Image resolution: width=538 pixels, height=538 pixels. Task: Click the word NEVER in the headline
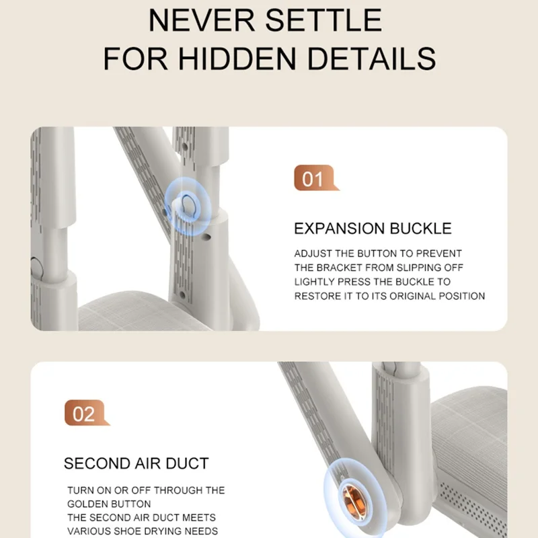201,21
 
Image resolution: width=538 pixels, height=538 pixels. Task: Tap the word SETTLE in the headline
323,21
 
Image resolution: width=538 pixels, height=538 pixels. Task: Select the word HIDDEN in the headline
237,59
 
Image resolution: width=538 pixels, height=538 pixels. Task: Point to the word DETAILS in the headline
372,59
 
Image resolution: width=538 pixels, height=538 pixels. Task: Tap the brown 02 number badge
86,413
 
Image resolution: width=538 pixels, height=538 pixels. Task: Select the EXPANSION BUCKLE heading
373,229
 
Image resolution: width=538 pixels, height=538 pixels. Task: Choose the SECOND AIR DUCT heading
137,463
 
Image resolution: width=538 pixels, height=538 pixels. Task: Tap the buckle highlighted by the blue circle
188,206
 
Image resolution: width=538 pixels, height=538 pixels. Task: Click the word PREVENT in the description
439,254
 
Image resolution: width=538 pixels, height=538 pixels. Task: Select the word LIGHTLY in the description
315,282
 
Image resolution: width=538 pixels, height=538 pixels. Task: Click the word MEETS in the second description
199,517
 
